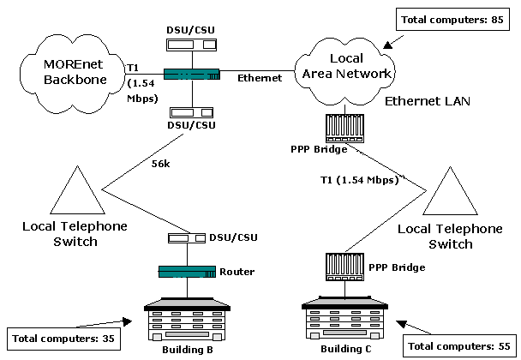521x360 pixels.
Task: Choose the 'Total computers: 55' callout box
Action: (x=460, y=346)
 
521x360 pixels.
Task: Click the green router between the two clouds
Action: (x=191, y=75)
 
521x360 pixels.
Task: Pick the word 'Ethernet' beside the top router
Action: (x=260, y=78)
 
